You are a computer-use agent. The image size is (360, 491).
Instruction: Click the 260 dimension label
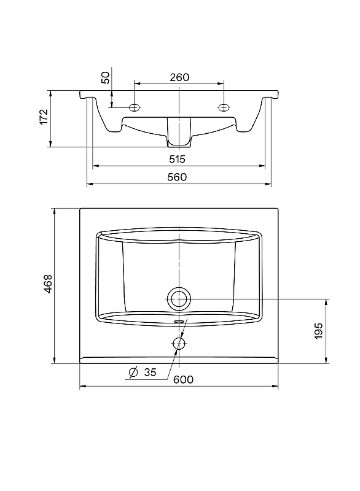pyautogui.click(x=179, y=77)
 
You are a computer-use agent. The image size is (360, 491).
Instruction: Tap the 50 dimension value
pyautogui.click(x=106, y=78)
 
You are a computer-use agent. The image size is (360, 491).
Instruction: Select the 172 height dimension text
pyautogui.click(x=44, y=117)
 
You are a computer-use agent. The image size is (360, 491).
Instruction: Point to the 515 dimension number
pyautogui.click(x=178, y=159)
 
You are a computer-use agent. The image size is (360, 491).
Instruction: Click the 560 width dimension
pyautogui.click(x=177, y=177)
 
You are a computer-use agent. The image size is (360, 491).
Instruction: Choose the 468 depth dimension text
pyautogui.click(x=48, y=284)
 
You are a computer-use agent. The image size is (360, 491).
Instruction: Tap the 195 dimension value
pyautogui.click(x=318, y=331)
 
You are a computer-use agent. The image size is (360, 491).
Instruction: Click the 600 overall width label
pyautogui.click(x=183, y=379)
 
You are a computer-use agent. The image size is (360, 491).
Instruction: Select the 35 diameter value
pyautogui.click(x=150, y=373)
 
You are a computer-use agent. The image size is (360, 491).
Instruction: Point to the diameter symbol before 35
pyautogui.click(x=133, y=373)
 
